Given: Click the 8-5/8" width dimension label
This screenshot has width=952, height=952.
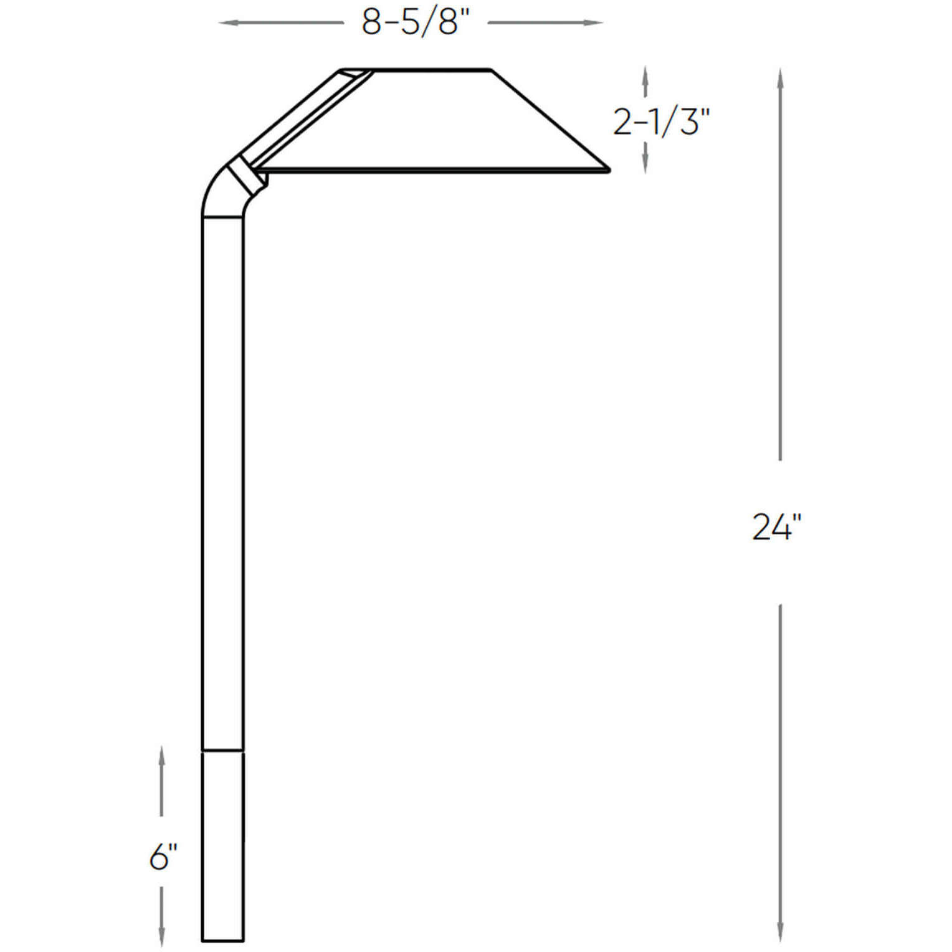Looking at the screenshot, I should (x=415, y=23).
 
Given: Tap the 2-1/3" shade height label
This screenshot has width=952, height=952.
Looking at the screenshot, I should (x=661, y=121).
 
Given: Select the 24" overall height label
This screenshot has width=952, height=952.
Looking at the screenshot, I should (x=776, y=527).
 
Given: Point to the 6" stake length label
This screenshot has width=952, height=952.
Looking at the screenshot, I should (x=163, y=857).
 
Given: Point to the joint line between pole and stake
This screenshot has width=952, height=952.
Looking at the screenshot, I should (x=222, y=751).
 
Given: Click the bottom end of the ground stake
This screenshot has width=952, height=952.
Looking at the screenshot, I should (x=222, y=940).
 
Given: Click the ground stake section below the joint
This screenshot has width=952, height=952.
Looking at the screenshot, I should (x=222, y=847).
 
